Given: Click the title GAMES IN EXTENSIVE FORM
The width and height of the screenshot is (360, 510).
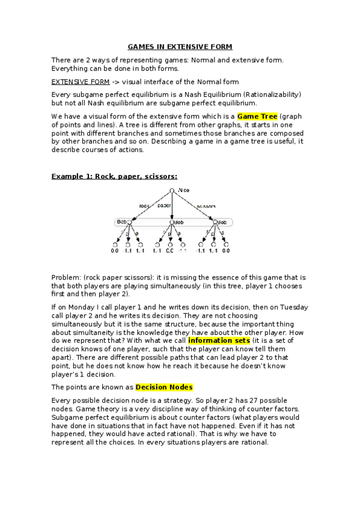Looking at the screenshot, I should tap(180, 46).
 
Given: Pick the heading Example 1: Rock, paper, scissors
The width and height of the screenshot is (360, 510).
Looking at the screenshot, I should tap(114, 176).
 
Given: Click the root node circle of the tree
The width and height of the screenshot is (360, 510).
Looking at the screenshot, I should tap(172, 191).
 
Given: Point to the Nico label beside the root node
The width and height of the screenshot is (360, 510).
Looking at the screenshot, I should tap(184, 191).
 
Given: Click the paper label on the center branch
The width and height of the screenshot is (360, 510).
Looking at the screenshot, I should tap(164, 205).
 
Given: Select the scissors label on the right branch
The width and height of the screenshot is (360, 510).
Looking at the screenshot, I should tap(206, 205).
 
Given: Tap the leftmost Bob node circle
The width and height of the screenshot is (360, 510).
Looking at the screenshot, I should tap(129, 223).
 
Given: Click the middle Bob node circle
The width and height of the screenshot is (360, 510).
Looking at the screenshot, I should tap(171, 223).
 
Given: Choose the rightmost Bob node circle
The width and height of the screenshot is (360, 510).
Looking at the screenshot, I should tap(215, 223).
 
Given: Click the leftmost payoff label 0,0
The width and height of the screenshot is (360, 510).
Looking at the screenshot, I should tap(115, 250).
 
